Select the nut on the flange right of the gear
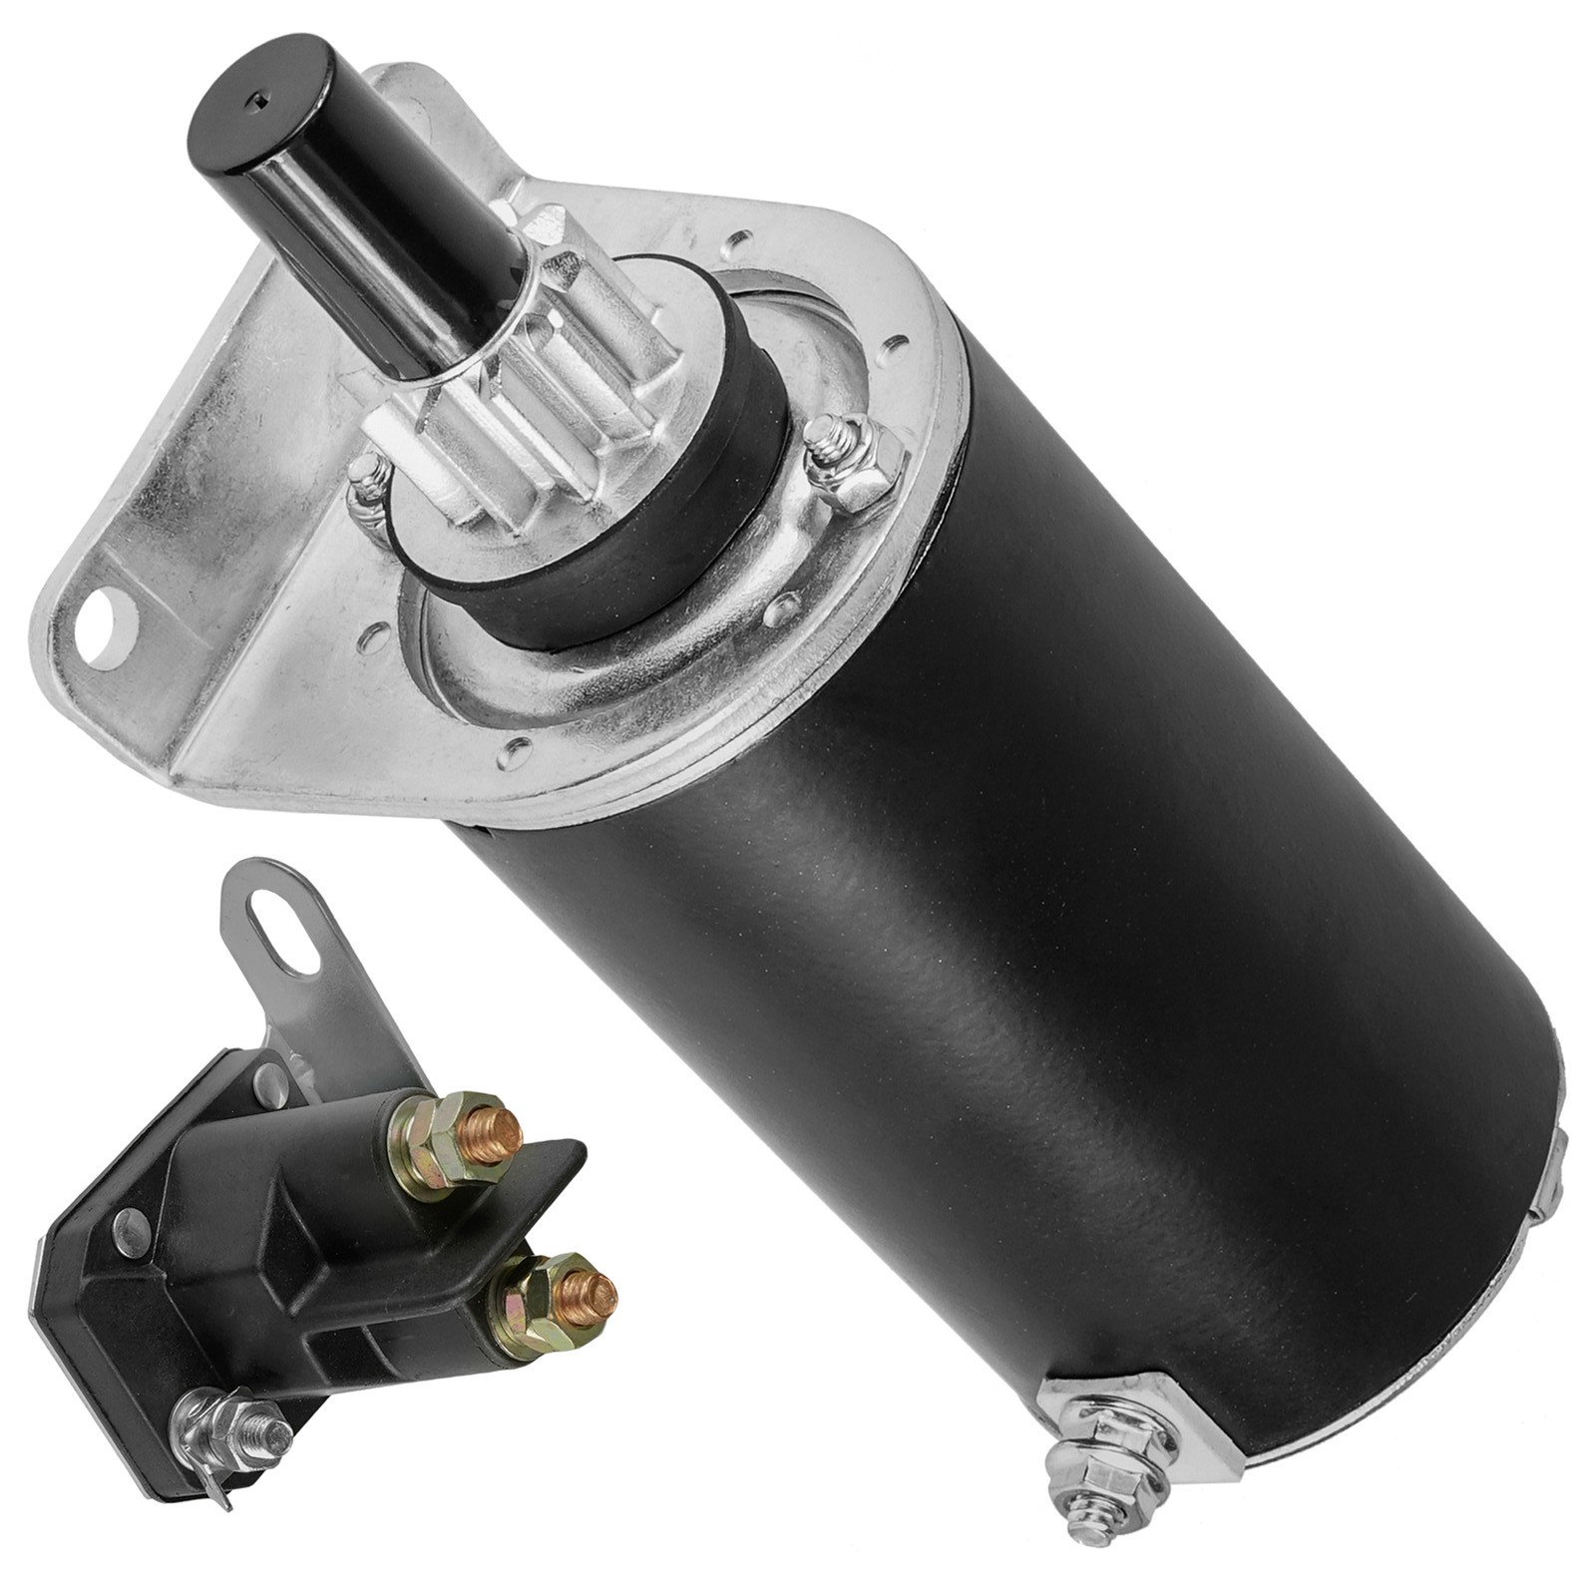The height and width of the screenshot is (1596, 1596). click(850, 461)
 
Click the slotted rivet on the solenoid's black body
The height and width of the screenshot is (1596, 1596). click(129, 1225)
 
